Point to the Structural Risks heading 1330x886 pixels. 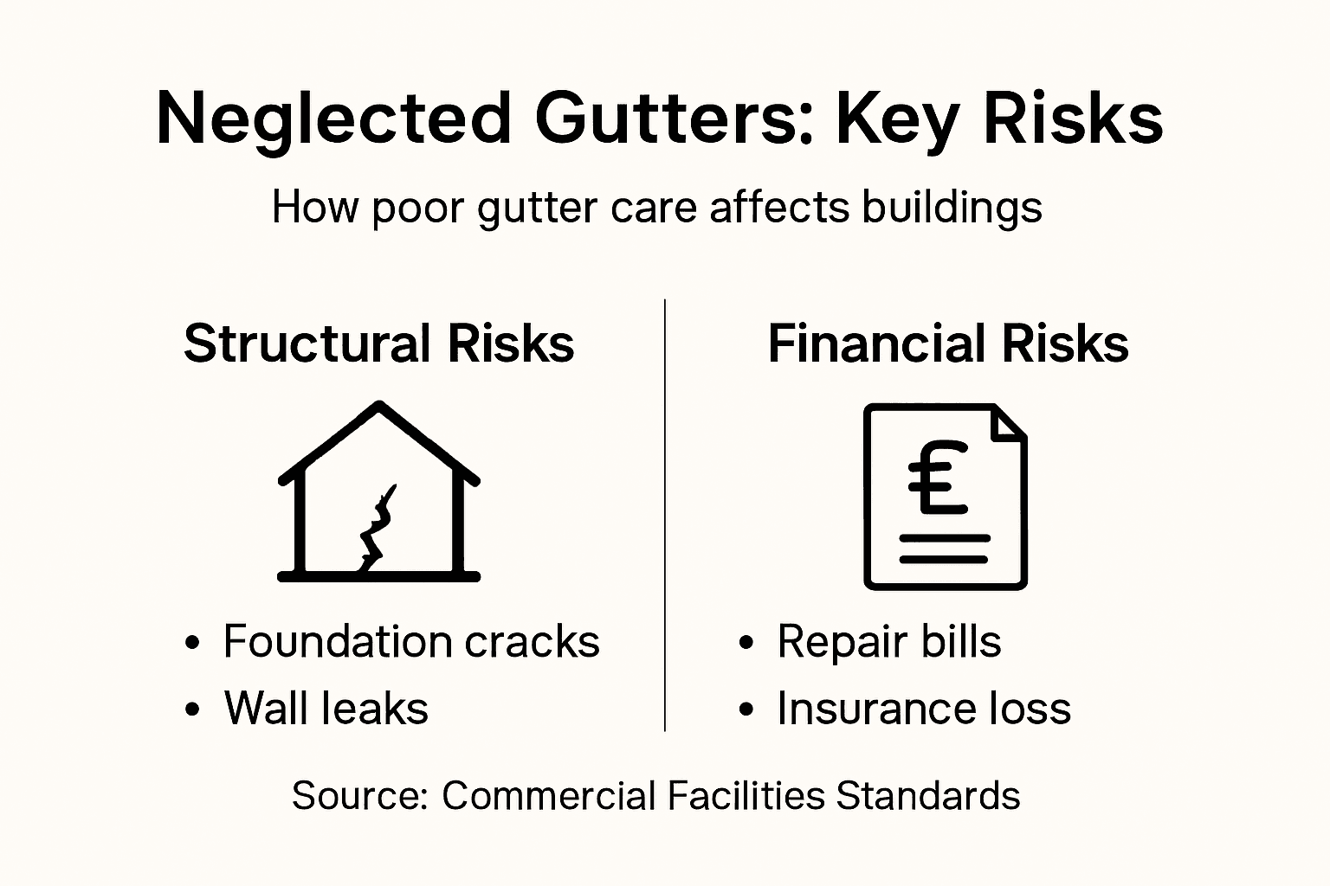379,343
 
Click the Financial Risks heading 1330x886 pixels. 948,343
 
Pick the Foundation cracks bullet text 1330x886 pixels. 411,642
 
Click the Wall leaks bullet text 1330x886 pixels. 326,708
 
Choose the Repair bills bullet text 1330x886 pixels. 888,642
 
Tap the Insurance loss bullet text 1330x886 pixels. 924,708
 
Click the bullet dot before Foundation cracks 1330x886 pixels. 193,645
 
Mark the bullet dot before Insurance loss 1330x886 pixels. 746,710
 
